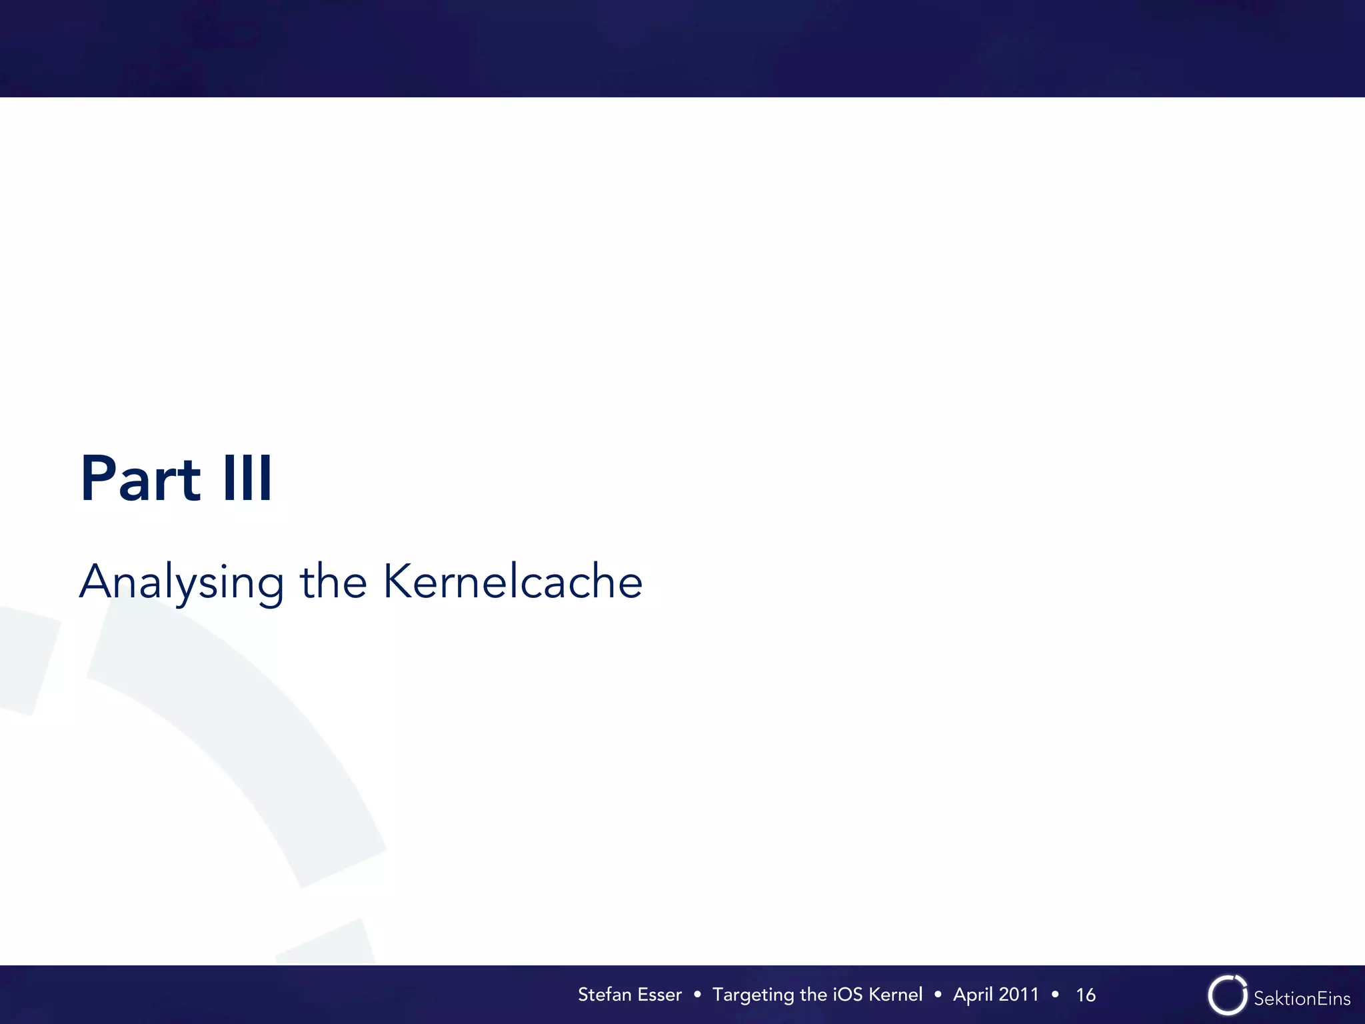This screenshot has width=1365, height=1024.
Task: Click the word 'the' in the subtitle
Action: point(333,582)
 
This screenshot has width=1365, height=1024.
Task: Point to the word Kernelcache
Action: point(513,581)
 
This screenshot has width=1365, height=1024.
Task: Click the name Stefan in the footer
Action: point(604,995)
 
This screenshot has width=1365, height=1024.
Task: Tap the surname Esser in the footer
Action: point(659,995)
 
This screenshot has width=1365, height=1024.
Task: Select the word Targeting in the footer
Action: point(754,995)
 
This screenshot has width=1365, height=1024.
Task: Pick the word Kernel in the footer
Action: point(896,995)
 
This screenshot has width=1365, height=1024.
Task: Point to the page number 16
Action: point(1086,995)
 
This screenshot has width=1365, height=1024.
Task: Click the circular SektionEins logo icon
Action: point(1227,995)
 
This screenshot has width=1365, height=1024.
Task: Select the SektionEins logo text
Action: point(1302,999)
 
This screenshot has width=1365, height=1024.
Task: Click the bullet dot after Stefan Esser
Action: point(697,995)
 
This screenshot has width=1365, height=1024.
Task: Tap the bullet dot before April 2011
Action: point(938,995)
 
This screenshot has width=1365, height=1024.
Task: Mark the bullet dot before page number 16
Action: point(1055,995)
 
